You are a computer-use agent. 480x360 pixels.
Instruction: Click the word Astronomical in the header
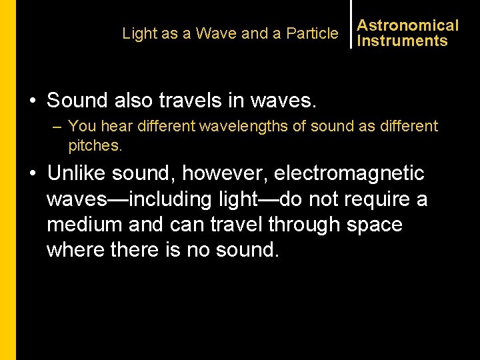pos(407,25)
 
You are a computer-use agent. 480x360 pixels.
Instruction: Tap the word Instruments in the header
pos(402,41)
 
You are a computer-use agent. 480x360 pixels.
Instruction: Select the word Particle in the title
pos(312,33)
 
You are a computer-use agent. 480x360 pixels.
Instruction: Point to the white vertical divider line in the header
pos(351,24)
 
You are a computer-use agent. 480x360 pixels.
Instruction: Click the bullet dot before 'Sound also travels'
pos(33,101)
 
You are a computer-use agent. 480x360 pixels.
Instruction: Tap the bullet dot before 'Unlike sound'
pos(33,174)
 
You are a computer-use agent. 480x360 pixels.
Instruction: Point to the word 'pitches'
pos(95,145)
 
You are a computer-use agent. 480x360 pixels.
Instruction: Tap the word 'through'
pos(303,224)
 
